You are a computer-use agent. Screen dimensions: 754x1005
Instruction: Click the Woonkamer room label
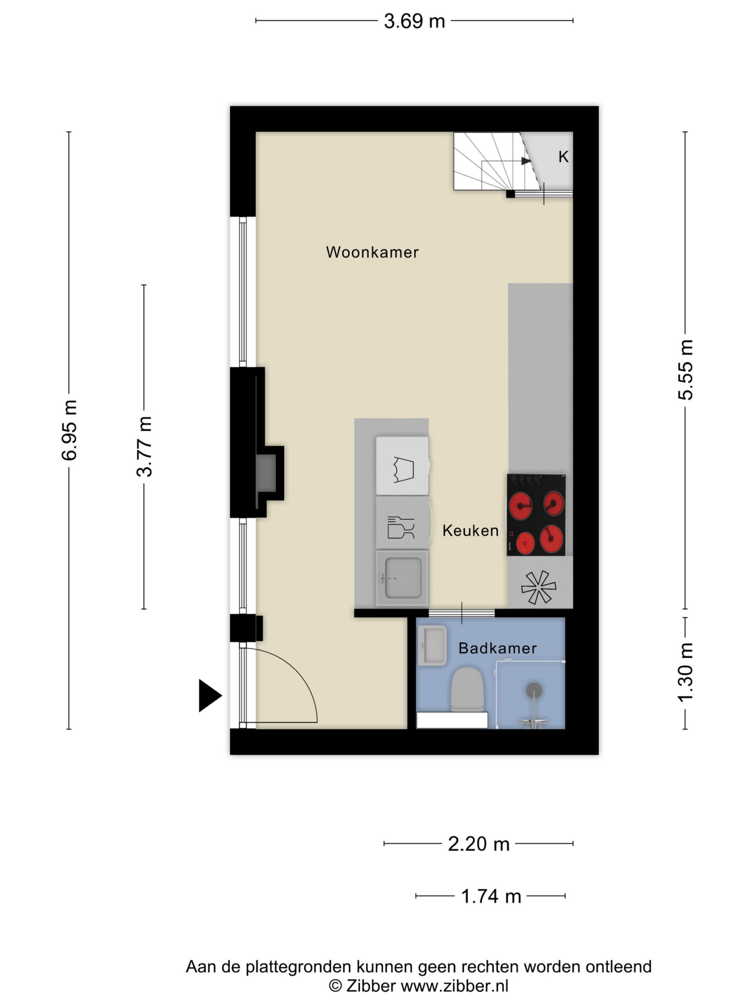click(x=372, y=252)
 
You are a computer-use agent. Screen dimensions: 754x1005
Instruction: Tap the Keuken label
click(x=470, y=530)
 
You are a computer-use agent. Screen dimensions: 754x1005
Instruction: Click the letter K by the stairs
click(x=563, y=157)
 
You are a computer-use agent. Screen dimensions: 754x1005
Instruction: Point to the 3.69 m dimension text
click(x=414, y=21)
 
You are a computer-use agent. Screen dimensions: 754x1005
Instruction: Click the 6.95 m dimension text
click(x=70, y=430)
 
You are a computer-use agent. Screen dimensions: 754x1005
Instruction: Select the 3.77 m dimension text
click(x=145, y=446)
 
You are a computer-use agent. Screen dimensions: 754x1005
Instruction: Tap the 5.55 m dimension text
click(x=685, y=369)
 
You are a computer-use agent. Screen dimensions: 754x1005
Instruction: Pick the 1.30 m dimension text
click(x=685, y=673)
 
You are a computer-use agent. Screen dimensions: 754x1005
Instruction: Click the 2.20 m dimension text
click(x=479, y=844)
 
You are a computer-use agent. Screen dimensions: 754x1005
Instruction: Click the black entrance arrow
click(x=210, y=695)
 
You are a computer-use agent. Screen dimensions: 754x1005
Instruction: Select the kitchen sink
click(x=402, y=578)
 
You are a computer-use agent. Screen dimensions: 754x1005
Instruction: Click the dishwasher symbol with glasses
click(x=401, y=527)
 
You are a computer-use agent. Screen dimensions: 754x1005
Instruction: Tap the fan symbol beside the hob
click(x=538, y=587)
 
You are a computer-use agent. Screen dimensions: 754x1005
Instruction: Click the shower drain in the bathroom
click(x=534, y=690)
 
